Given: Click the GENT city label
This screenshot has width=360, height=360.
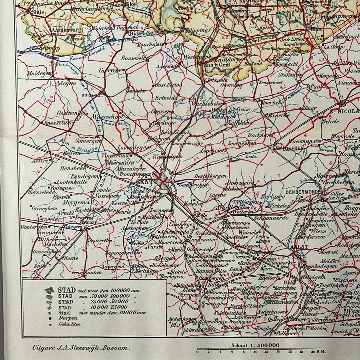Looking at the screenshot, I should tap(144, 182).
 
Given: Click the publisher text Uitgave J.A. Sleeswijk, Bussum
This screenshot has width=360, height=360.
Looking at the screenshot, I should tap(80, 348).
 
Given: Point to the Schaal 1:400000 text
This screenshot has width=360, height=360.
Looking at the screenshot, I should tap(255, 345).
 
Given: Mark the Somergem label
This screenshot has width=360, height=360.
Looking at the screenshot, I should tap(88, 142).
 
